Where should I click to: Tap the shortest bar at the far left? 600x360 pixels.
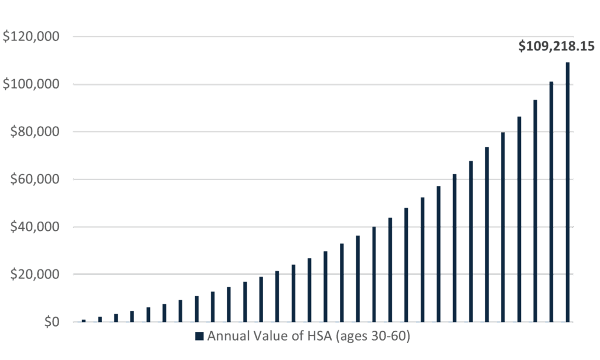point(84,320)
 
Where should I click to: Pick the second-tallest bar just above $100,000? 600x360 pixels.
point(551,202)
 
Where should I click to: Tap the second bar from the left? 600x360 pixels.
point(100,319)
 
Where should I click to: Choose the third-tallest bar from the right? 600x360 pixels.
point(536,211)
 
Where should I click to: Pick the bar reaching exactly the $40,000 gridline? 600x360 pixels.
point(374,274)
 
